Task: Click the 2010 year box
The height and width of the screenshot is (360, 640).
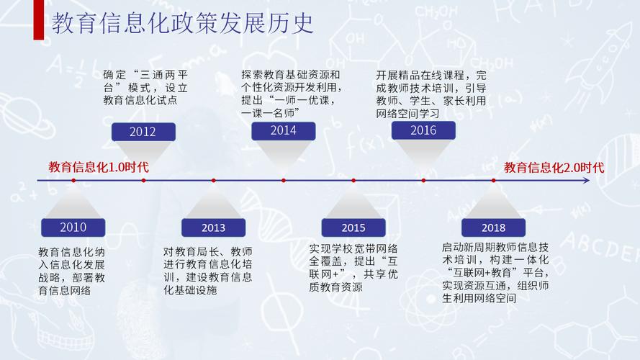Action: [x=73, y=228]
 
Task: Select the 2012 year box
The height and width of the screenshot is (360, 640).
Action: [x=143, y=132]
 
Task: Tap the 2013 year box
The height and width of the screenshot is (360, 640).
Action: [x=213, y=228]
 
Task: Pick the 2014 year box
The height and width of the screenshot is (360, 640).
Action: [x=283, y=130]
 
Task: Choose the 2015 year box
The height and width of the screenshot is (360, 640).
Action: [x=353, y=228]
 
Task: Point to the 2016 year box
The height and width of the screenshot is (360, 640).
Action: [x=423, y=130]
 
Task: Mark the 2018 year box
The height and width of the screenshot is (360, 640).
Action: [x=493, y=228]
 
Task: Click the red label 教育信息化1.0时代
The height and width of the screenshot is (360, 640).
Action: [x=99, y=167]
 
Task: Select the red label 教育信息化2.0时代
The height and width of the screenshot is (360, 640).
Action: [x=554, y=167]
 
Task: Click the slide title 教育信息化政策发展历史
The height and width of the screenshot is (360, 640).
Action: [x=184, y=23]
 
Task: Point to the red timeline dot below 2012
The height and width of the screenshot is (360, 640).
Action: [x=143, y=180]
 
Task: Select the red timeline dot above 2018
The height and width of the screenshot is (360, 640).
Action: [x=493, y=180]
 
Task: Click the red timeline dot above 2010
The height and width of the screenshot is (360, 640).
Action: [x=73, y=180]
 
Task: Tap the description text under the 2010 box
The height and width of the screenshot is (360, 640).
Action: [x=72, y=272]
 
